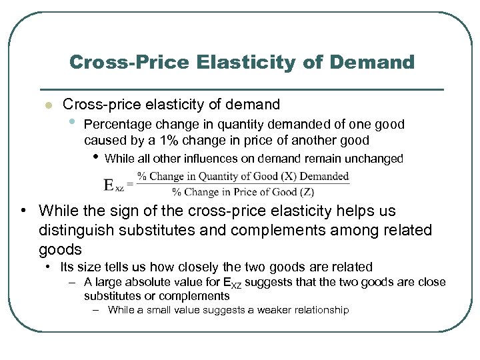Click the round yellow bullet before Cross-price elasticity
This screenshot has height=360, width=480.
pyautogui.click(x=47, y=105)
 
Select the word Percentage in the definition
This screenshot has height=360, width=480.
pyautogui.click(x=117, y=124)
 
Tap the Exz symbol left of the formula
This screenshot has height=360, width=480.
pyautogui.click(x=113, y=185)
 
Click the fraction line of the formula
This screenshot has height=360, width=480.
pyautogui.click(x=243, y=185)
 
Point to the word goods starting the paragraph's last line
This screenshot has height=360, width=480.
pyautogui.click(x=61, y=250)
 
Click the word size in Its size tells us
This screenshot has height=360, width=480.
pyautogui.click(x=91, y=267)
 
